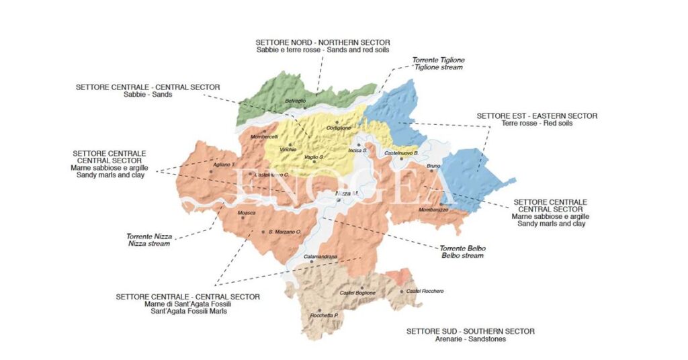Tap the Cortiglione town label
pyautogui.click(x=339, y=128)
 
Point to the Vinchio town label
pyautogui.click(x=288, y=149)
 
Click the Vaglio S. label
pyautogui.click(x=314, y=156)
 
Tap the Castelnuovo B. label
pyautogui.click(x=402, y=153)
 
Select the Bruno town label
pyautogui.click(x=433, y=165)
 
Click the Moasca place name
pyautogui.click(x=247, y=213)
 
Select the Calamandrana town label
pyautogui.click(x=320, y=257)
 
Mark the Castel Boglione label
pyautogui.click(x=357, y=293)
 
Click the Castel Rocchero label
pyautogui.click(x=425, y=291)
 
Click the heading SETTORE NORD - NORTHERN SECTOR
pyautogui.click(x=322, y=42)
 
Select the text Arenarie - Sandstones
pyautogui.click(x=470, y=339)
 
